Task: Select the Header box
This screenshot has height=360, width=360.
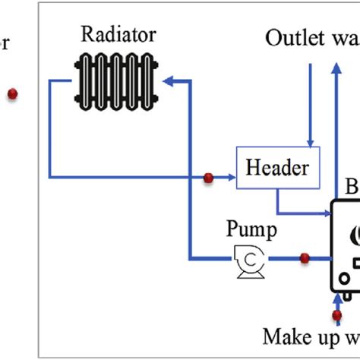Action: tap(278, 166)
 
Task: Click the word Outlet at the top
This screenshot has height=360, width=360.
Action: tap(292, 37)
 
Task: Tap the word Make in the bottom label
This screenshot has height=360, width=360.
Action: tap(286, 336)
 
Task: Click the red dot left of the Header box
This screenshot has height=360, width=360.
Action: tap(207, 178)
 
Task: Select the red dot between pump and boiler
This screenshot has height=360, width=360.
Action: tap(305, 258)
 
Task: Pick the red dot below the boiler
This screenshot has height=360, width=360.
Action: tap(336, 314)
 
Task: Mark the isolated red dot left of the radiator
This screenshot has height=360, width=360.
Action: tap(12, 94)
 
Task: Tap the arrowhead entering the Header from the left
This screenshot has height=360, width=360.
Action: tap(231, 178)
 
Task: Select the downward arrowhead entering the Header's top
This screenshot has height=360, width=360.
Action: tap(309, 142)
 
